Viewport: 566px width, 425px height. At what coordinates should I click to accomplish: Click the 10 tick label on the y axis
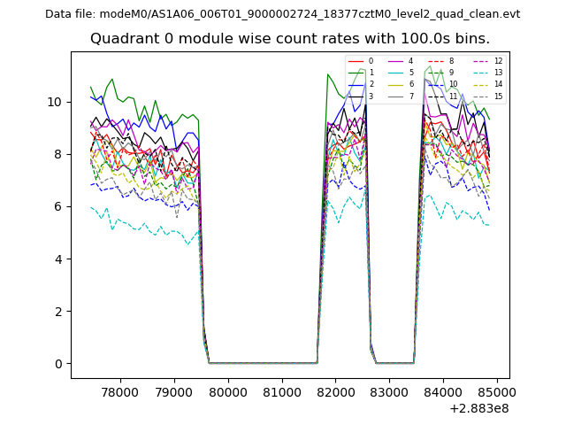point(55,102)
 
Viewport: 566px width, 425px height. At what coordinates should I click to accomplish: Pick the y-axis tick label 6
point(59,206)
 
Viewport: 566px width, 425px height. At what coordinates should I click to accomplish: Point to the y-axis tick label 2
point(59,312)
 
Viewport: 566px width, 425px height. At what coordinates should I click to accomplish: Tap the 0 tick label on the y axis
point(59,364)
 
